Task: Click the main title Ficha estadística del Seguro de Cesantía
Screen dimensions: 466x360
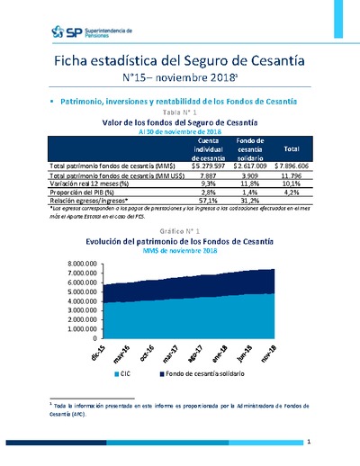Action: pos(179,60)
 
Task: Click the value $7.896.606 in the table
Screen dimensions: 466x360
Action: pos(291,166)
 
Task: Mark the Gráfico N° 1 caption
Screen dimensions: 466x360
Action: pos(180,232)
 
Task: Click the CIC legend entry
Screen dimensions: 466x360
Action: pos(121,371)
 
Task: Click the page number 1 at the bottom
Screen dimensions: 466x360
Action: pos(308,442)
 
